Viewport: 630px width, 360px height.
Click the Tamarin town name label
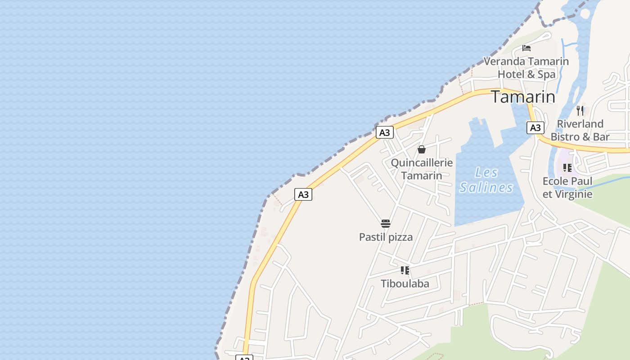click(523, 97)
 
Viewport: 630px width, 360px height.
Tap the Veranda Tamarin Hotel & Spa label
click(526, 67)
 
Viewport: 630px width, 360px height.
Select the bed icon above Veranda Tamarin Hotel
click(526, 48)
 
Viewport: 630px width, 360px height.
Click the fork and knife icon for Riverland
click(580, 110)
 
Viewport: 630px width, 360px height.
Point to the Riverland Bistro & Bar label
click(580, 130)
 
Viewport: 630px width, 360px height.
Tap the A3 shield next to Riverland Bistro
click(535, 128)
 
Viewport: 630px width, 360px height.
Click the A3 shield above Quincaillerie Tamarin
click(385, 133)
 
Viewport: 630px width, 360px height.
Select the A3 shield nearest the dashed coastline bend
click(303, 194)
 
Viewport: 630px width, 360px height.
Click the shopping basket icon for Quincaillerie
click(422, 149)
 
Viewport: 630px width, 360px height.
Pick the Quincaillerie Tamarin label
click(422, 169)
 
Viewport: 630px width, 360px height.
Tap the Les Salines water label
click(486, 180)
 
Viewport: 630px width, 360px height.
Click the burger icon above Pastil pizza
click(386, 224)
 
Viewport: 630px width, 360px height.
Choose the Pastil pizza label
click(386, 237)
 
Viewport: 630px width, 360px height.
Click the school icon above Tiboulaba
click(405, 270)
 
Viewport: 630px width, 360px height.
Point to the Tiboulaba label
click(405, 284)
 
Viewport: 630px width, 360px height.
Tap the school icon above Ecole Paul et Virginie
click(567, 168)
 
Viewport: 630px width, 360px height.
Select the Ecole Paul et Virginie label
click(567, 188)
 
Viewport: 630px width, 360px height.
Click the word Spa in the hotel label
click(546, 74)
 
